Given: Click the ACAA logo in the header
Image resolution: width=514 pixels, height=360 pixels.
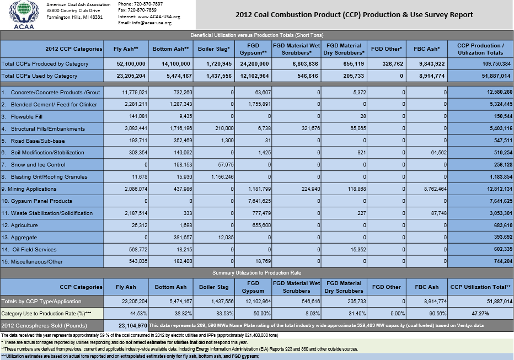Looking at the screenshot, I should [21, 15].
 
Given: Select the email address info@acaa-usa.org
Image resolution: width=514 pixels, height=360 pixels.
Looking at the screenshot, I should [153, 23].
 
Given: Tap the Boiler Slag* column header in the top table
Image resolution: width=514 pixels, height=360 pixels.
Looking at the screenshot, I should [214, 49].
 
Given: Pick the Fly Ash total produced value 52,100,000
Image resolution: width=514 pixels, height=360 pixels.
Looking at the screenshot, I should [128, 63].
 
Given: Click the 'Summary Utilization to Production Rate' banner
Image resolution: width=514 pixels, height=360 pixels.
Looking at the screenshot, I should [256, 272].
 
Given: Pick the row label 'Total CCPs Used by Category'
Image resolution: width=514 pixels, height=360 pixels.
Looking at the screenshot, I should [40, 76].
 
